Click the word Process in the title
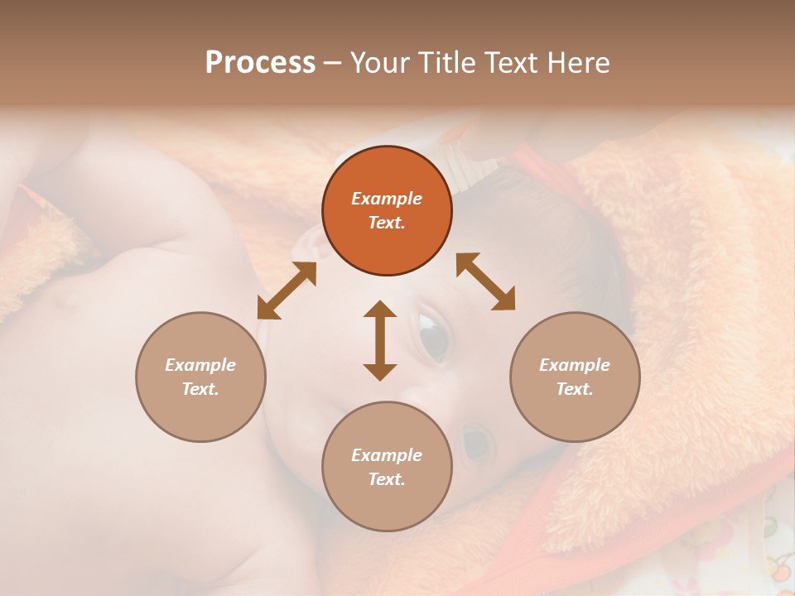(260, 63)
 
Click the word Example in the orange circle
(387, 199)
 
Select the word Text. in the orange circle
(387, 223)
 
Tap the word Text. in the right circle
(575, 389)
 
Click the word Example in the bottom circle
(387, 455)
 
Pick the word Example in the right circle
(575, 365)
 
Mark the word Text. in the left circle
(200, 389)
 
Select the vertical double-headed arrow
(380, 340)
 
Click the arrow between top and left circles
(287, 291)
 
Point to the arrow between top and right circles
(485, 281)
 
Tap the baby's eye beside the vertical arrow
(432, 336)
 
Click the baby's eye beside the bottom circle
(475, 444)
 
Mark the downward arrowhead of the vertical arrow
(380, 371)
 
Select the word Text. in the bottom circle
(387, 479)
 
